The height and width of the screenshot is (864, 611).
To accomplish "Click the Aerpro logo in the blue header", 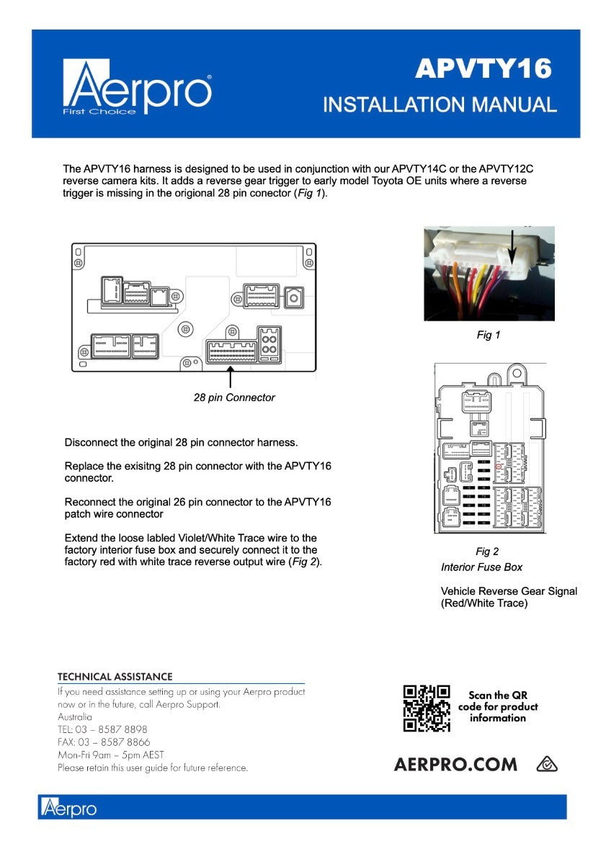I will click(137, 89).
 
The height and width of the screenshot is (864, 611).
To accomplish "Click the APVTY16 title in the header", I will click(483, 69).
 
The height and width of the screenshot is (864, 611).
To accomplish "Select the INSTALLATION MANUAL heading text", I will click(440, 105).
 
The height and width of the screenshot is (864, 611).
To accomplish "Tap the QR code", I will click(427, 708).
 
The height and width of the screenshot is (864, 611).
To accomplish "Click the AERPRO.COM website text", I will click(455, 765).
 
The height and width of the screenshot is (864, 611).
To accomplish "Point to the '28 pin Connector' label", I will click(234, 397).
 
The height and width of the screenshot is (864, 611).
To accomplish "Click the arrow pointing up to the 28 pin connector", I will click(231, 377).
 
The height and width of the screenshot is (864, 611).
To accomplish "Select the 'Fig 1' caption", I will click(488, 335).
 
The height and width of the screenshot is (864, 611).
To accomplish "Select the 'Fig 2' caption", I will click(487, 552).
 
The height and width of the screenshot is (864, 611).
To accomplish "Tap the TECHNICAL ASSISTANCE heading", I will click(115, 677).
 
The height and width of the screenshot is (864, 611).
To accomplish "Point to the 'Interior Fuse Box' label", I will click(481, 567).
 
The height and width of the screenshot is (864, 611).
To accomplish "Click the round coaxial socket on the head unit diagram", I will click(293, 295).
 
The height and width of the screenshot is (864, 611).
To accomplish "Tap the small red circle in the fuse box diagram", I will click(498, 467).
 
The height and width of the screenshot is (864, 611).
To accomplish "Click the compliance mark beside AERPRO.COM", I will click(548, 765).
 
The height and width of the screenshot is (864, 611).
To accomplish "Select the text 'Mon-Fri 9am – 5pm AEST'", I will click(111, 755).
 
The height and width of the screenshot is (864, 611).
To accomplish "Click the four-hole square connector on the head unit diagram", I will click(269, 344).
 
